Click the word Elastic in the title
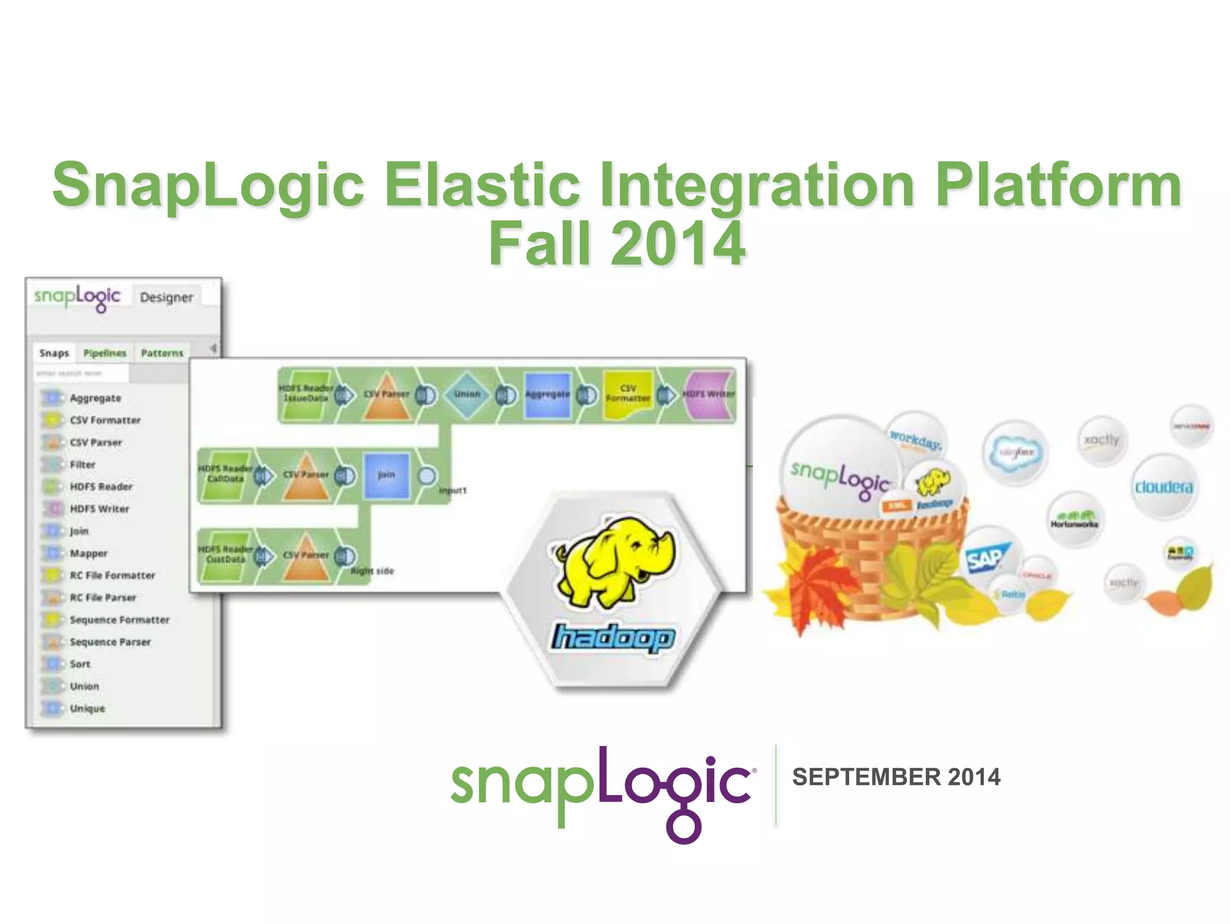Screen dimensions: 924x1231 coord(481,185)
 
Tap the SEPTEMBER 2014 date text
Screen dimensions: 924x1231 coord(896,777)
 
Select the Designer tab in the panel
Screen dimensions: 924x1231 coord(166,297)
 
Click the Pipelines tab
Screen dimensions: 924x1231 coord(105,353)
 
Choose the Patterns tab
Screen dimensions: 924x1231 coord(162,353)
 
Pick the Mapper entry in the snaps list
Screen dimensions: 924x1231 coord(88,553)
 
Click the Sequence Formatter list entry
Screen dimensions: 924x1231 coord(119,620)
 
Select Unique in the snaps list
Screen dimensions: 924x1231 coord(87,709)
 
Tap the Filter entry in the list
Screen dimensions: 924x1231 coord(82,464)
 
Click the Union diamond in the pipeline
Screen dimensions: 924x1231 coord(467,394)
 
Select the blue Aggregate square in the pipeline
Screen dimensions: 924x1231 coord(547,395)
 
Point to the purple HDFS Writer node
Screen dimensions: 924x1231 coord(709,395)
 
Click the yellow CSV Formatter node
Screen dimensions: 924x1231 coord(628,394)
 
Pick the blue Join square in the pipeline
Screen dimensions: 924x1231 coord(386,475)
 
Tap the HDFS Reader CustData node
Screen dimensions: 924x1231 coord(225,555)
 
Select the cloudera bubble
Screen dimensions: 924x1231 coord(1163,486)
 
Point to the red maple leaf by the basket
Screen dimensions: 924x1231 coord(805,587)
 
